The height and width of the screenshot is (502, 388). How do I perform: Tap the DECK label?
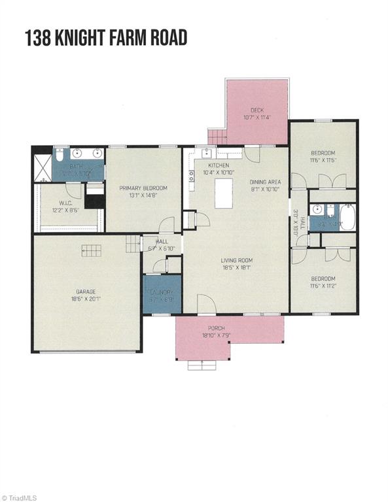pos(256,110)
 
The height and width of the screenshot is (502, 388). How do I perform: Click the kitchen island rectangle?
pos(224,194)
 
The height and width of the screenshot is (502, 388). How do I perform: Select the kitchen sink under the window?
pos(206,154)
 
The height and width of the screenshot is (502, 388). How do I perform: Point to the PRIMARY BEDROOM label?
pos(143,188)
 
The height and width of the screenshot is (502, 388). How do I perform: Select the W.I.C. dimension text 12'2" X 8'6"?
pos(65,210)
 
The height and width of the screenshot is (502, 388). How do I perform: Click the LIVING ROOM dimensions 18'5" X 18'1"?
pos(236,267)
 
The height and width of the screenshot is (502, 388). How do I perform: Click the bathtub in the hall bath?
pos(347,217)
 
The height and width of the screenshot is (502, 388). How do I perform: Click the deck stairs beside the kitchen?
pos(217,137)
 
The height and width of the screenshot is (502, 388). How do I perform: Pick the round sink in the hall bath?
pos(317,210)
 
